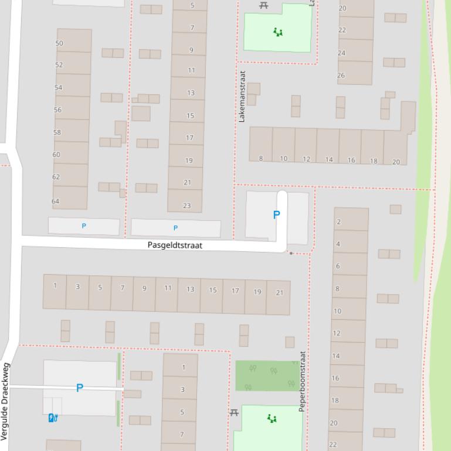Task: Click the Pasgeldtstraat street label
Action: point(175,245)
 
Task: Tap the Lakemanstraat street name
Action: point(242,96)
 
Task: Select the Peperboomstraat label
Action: point(303,381)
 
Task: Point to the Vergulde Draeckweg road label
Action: point(5,402)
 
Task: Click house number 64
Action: point(55,201)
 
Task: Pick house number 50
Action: point(59,43)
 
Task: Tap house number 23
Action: point(187,206)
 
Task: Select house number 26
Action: point(341,75)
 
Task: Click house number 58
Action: point(57,132)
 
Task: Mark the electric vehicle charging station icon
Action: point(53,417)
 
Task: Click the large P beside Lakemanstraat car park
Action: point(276,215)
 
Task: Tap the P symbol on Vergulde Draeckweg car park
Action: point(80,388)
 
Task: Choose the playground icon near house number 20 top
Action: point(278,32)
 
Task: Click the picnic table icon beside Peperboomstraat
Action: point(234,413)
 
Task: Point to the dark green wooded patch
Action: point(267,375)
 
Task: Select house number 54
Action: point(58,87)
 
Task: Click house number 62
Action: point(56,177)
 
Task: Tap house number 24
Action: point(341,53)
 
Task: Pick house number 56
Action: point(57,110)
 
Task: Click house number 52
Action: point(59,65)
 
